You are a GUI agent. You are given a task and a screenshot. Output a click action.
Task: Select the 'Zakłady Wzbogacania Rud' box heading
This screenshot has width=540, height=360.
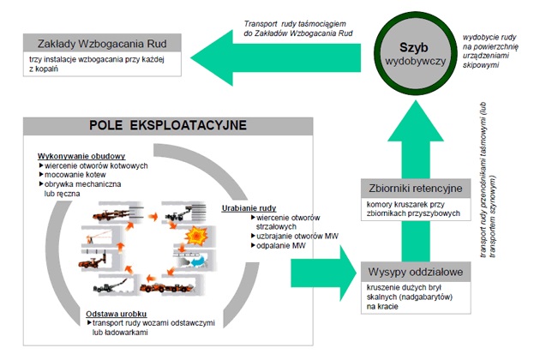pyautogui.click(x=101, y=42)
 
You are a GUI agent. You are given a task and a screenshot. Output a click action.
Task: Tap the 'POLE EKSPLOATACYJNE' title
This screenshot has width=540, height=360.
pyautogui.click(x=168, y=125)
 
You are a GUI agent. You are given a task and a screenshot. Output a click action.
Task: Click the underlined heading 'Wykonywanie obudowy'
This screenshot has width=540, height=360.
pyautogui.click(x=81, y=156)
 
